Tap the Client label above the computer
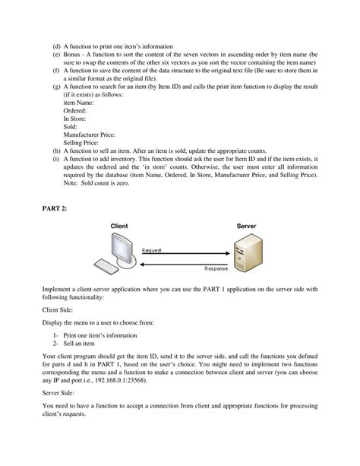[119, 226]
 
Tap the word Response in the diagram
[216, 269]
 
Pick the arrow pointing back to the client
[182, 263]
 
